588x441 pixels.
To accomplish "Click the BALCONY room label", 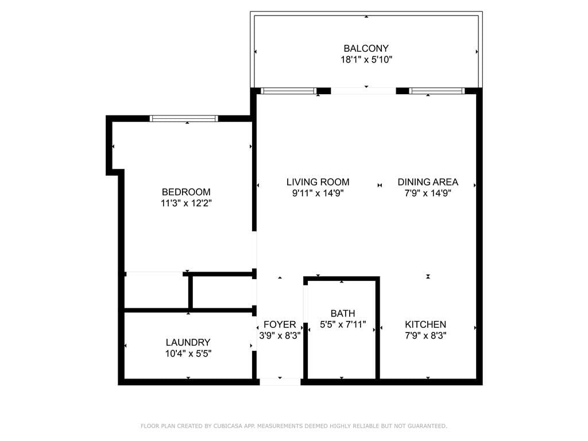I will [366, 49].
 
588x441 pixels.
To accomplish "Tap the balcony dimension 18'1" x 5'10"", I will [366, 60].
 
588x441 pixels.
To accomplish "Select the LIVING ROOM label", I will [318, 182].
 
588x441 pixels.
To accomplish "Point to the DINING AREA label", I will [428, 182].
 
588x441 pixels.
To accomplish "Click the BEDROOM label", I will [186, 192].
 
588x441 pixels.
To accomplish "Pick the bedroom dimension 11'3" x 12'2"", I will [186, 203].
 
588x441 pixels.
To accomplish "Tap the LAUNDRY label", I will [188, 342].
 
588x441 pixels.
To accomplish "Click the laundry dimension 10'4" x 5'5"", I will [188, 354].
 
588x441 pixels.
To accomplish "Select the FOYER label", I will [280, 324].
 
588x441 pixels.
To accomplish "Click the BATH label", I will [342, 314].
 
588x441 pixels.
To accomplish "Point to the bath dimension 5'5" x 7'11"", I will [342, 324].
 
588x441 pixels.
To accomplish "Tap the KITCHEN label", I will [425, 324].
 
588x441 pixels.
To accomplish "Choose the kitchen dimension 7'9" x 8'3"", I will [425, 335].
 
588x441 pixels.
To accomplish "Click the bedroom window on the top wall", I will [184, 118].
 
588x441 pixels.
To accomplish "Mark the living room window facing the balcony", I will [288, 91].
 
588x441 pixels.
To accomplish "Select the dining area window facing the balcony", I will [437, 91].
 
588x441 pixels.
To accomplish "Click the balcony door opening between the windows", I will [363, 91].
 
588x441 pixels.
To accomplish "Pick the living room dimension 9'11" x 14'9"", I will [318, 194].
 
